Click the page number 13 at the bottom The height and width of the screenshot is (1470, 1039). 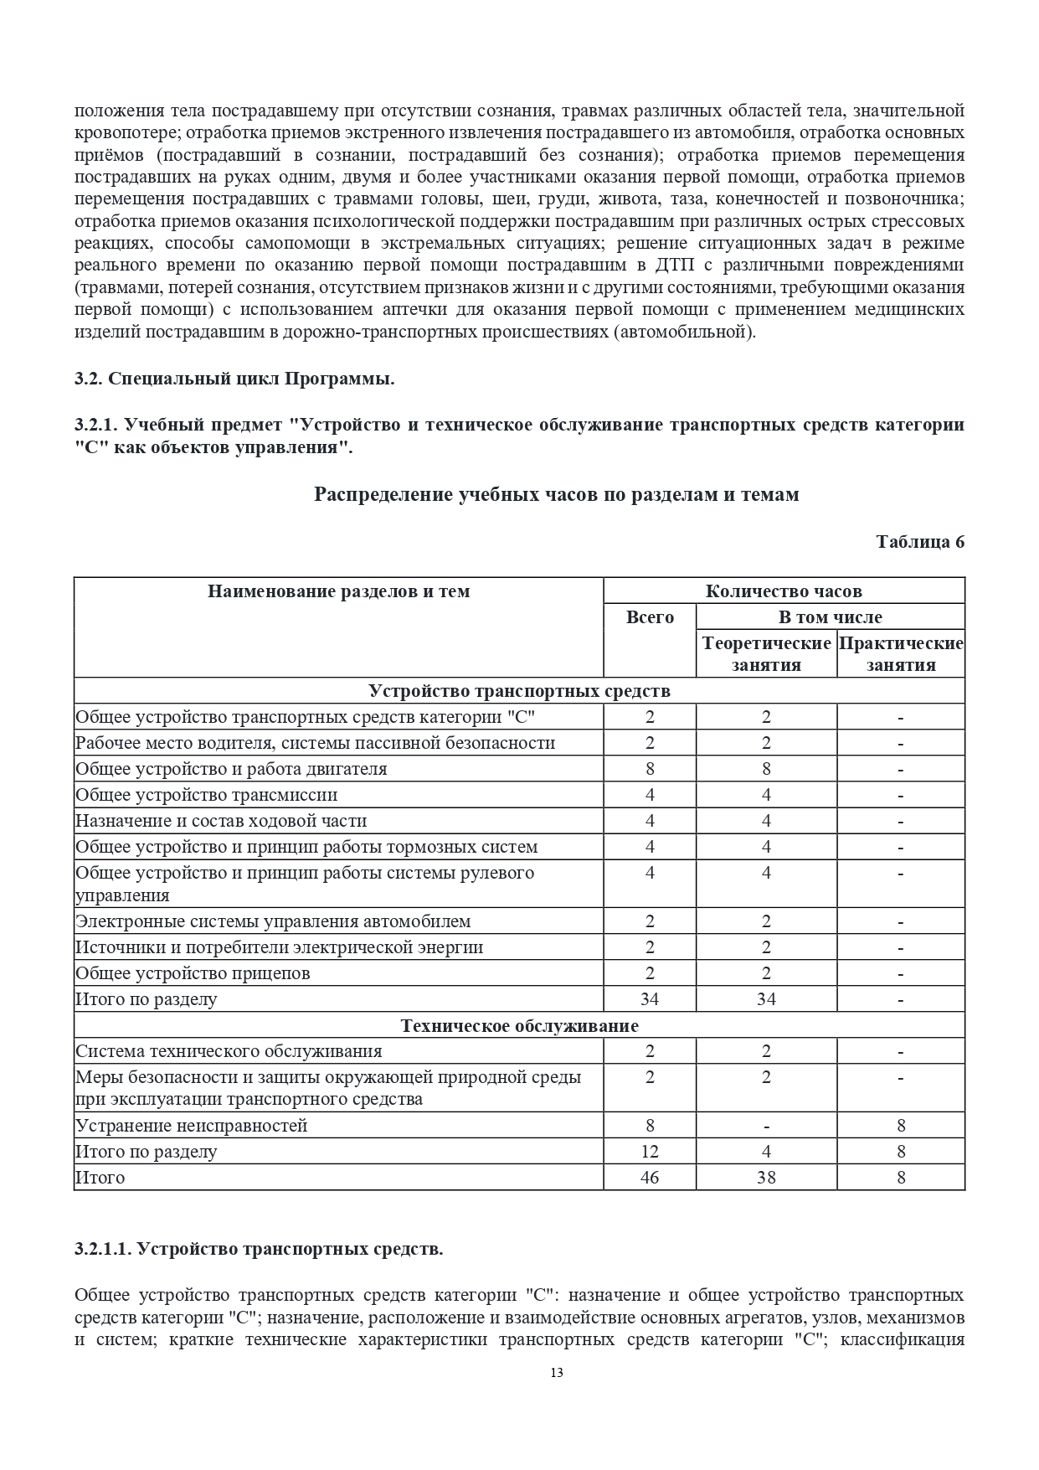point(557,1372)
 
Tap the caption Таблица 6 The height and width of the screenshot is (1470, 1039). point(919,541)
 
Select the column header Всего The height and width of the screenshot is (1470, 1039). point(650,617)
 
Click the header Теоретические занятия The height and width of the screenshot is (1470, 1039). point(766,654)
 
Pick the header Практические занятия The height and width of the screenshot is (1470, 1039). point(901,654)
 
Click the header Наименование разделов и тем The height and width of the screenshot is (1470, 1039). point(338,591)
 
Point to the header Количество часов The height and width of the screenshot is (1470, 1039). point(784,591)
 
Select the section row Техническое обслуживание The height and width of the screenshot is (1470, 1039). point(519,1025)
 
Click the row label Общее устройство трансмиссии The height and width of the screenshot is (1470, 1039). point(207,795)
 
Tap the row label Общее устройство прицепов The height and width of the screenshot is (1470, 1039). point(193,973)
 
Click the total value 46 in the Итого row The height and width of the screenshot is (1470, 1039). point(650,1178)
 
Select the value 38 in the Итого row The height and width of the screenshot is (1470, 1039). point(766,1178)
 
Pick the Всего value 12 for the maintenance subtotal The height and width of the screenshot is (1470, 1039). point(650,1152)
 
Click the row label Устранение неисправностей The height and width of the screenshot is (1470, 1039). point(192,1126)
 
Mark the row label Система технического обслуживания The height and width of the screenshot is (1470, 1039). point(229,1051)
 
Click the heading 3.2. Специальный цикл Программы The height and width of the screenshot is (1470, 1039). point(234,379)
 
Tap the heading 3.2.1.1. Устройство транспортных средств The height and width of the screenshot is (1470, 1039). point(259,1249)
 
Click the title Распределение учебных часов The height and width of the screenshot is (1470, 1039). point(556,494)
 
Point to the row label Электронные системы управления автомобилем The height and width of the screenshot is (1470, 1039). point(273,921)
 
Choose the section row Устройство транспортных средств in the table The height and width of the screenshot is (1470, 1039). point(519,691)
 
